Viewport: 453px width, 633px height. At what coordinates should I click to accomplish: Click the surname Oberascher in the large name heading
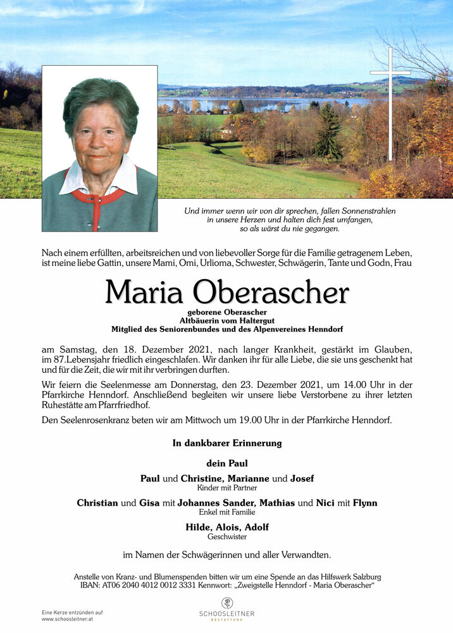click(x=271, y=292)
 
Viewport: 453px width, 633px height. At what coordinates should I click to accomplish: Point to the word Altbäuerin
click(x=202, y=321)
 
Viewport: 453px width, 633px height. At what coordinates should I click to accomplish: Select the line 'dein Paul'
click(x=226, y=463)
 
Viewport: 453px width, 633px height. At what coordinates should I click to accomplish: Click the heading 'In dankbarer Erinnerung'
click(x=226, y=443)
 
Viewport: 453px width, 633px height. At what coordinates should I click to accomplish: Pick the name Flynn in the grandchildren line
click(x=365, y=503)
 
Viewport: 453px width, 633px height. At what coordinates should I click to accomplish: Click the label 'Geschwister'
click(x=226, y=537)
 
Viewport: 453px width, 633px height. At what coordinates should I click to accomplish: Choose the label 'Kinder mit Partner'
click(x=226, y=488)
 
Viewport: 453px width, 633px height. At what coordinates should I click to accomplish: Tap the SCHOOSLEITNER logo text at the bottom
click(x=226, y=613)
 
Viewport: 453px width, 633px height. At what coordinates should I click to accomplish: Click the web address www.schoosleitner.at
click(x=69, y=619)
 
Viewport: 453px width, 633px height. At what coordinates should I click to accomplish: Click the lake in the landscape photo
click(x=266, y=103)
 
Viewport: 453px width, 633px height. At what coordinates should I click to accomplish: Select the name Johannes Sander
click(x=225, y=503)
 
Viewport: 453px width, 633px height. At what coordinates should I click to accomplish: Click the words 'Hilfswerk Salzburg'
click(x=351, y=577)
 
